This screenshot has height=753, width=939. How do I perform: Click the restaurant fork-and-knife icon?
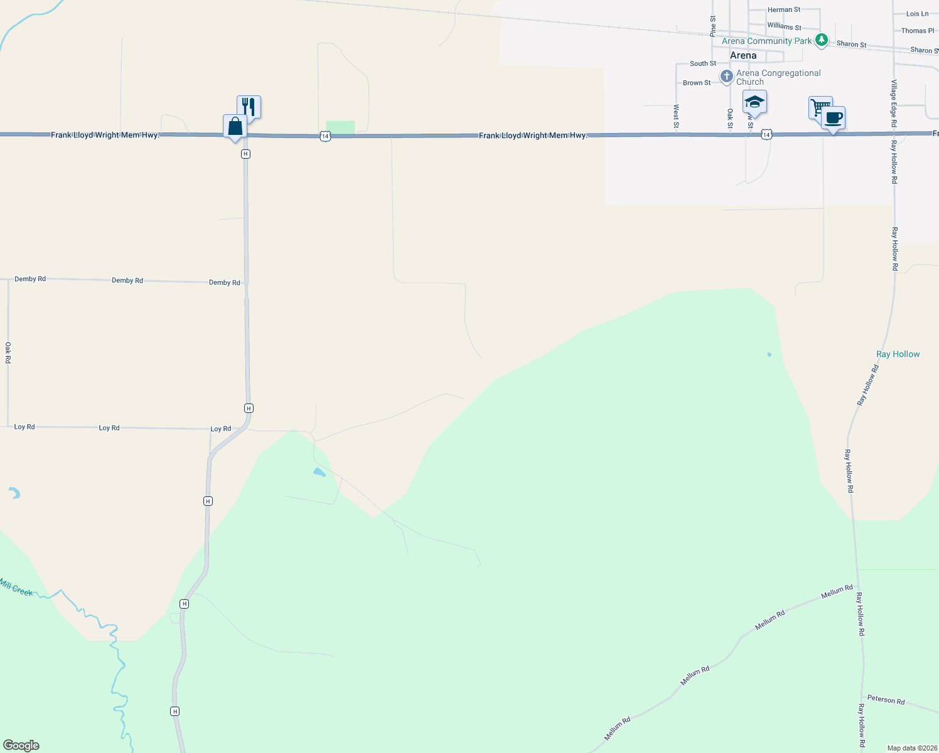[x=249, y=107]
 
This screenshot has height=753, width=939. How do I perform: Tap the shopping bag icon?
[x=235, y=127]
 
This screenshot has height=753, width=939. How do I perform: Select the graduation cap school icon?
[x=754, y=102]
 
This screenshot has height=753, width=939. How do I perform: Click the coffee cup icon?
[x=834, y=118]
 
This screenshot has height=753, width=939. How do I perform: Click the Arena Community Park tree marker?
[x=822, y=41]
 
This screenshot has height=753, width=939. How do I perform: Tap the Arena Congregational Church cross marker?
[x=726, y=77]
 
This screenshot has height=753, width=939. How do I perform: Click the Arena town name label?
[x=743, y=55]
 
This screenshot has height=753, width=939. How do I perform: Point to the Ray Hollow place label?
[x=898, y=354]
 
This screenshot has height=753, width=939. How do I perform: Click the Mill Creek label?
[x=16, y=587]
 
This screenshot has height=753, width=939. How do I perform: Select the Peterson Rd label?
[x=886, y=700]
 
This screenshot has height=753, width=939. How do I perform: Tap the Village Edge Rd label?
[x=894, y=104]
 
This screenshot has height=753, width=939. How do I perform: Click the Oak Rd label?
[x=8, y=353]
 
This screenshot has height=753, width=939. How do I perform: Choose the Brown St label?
[x=697, y=83]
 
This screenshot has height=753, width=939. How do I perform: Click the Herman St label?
[x=784, y=10]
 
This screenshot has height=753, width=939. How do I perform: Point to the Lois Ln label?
[x=917, y=14]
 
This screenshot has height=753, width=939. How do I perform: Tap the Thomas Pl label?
[x=917, y=31]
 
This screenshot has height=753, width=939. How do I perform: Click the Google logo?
[x=21, y=745]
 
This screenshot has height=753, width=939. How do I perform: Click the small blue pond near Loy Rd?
[x=319, y=472]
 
